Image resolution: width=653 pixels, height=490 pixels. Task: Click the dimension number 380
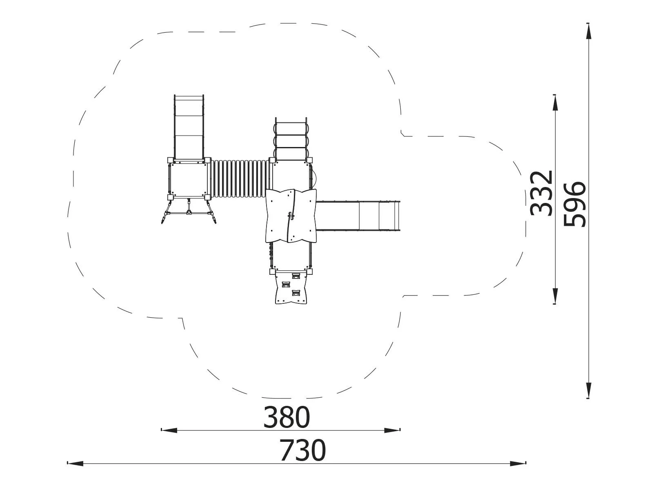click(287, 417)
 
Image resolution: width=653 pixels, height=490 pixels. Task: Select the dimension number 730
click(302, 450)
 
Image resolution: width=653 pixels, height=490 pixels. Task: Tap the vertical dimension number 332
click(542, 193)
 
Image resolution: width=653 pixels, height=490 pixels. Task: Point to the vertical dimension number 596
click(575, 204)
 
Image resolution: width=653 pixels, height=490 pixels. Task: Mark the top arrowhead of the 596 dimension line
click(588, 31)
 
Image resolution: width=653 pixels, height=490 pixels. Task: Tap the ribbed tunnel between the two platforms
click(240, 179)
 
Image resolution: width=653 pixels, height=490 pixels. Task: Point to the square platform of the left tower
click(188, 179)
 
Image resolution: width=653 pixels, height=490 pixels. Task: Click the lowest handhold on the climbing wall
click(296, 292)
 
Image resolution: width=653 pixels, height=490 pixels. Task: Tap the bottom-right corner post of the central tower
click(309, 271)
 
